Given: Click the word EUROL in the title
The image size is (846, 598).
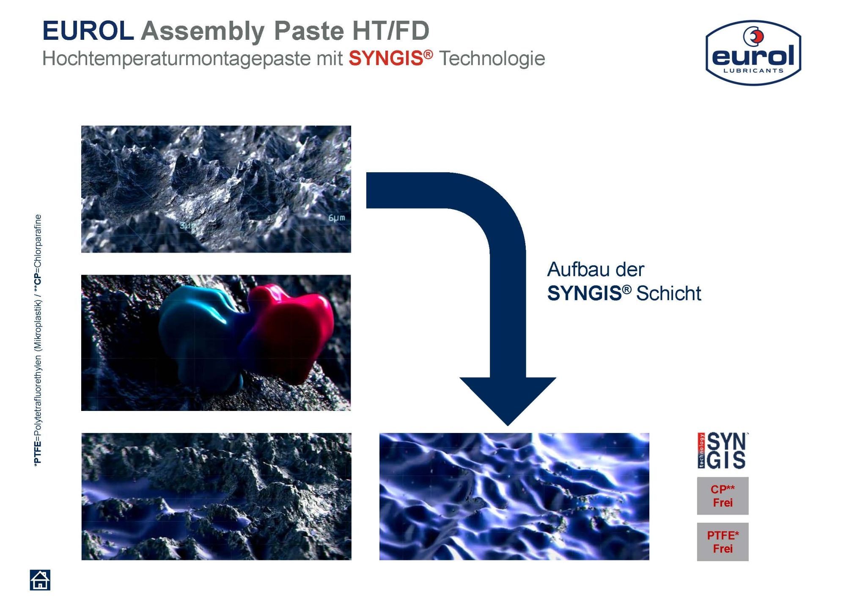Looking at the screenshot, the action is click(88, 31).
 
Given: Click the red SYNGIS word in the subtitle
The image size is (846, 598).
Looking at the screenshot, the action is click(386, 58).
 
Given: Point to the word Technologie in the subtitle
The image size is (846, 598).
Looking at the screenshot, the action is click(492, 58).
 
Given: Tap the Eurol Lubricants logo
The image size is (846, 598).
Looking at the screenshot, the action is click(753, 52).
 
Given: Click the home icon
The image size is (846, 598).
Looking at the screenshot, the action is click(40, 579).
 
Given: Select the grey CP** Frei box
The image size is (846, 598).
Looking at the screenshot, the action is click(722, 496).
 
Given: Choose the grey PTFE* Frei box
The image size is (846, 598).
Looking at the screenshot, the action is click(722, 542).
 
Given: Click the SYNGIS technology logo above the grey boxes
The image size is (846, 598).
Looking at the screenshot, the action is click(722, 451).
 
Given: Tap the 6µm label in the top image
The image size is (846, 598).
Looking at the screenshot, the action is click(337, 218).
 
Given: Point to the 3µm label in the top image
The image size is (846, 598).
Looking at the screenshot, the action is click(188, 226).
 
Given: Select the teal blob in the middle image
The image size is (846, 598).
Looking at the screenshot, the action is click(199, 334).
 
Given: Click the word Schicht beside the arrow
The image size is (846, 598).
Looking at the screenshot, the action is click(669, 293).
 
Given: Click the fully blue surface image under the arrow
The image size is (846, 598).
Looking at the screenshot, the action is click(514, 496).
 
